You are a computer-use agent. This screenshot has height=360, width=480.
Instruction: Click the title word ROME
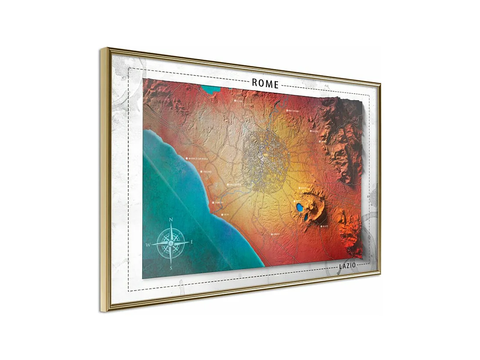[x=265, y=84]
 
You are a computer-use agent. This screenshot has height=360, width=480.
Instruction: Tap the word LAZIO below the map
[x=347, y=266]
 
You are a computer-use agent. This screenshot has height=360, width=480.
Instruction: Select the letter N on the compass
[x=171, y=219]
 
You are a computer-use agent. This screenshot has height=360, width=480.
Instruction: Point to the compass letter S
[x=171, y=267]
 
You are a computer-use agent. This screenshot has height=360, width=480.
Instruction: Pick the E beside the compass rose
[x=191, y=242]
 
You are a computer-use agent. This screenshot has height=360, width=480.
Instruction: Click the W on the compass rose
[x=148, y=244]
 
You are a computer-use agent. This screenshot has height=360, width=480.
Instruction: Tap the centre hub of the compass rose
[x=170, y=243]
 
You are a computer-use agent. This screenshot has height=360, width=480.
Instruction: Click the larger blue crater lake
[x=300, y=206]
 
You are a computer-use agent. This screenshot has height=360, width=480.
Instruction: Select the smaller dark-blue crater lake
[x=306, y=216]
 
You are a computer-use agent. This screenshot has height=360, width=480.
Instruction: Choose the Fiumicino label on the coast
[x=218, y=203]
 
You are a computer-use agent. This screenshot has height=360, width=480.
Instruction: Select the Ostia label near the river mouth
[x=226, y=215]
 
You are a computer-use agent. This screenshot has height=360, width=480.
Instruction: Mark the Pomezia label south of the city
[x=276, y=234]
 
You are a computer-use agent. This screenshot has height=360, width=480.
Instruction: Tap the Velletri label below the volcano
[x=325, y=226]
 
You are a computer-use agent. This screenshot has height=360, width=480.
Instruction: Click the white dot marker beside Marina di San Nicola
[x=187, y=158]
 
